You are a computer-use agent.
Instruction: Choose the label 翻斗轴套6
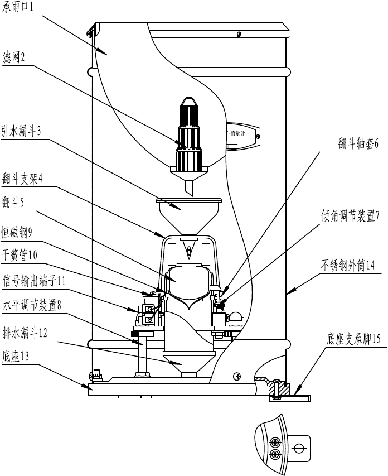click(357, 143)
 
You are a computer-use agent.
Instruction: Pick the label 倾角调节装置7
click(350, 217)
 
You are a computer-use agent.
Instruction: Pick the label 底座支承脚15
click(353, 339)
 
